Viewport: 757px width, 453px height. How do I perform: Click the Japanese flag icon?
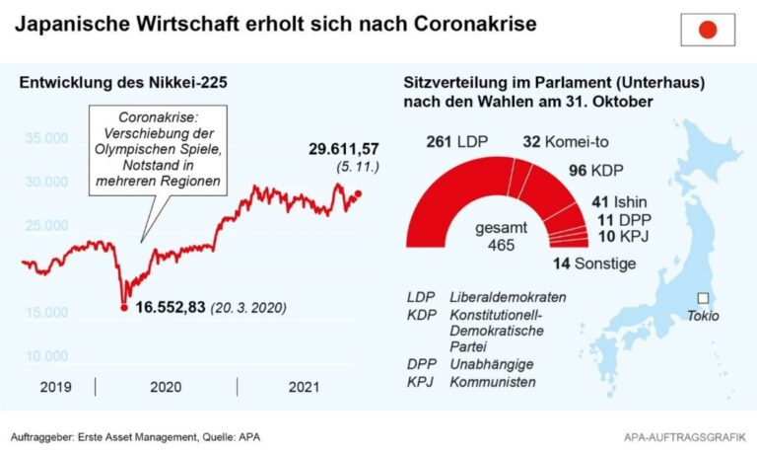(708, 30)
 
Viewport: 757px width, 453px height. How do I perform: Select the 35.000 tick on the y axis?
(45, 138)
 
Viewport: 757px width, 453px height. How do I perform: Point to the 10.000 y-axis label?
(45, 356)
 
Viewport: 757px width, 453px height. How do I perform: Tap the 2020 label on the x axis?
(165, 387)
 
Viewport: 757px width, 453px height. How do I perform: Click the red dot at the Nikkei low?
(123, 308)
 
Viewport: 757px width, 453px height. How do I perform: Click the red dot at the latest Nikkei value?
(358, 194)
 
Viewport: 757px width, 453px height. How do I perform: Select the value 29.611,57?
(344, 149)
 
